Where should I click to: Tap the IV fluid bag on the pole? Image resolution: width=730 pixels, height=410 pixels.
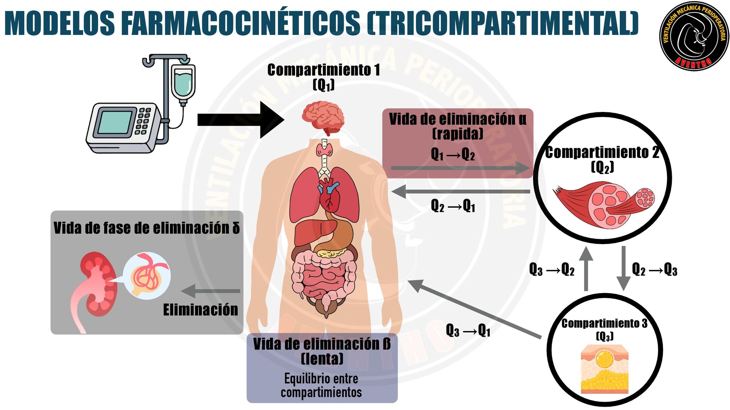183,82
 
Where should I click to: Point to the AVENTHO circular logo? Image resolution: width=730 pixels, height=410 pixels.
694,36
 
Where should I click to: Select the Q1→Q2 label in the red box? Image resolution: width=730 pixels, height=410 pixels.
452,155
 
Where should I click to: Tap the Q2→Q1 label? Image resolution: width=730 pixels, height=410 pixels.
452,206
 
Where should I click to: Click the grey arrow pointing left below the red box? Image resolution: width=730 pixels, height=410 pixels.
460,191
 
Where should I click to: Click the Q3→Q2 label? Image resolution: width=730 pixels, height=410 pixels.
551,270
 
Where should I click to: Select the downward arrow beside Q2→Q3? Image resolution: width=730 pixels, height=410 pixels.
624,268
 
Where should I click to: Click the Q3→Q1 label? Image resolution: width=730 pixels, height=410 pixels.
468,331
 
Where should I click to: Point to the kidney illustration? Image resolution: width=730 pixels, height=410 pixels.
97,285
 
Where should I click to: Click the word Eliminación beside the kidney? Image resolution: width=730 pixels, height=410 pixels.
200,310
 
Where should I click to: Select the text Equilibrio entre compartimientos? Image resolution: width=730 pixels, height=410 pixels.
321,385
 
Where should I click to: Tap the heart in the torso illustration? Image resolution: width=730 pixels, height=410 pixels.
329,197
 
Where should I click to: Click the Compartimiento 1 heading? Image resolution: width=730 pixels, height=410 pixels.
323,70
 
